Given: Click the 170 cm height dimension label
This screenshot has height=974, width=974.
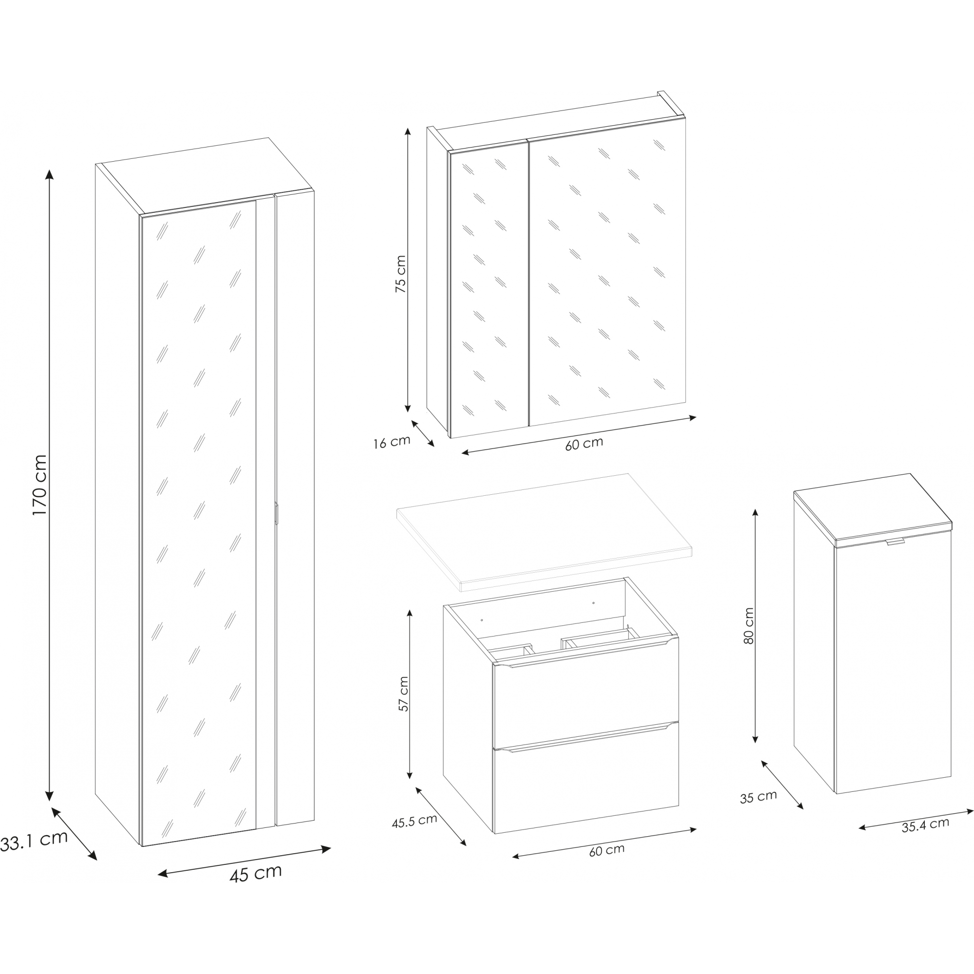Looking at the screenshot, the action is [39, 485].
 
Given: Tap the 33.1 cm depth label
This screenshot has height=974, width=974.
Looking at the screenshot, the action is [34, 841].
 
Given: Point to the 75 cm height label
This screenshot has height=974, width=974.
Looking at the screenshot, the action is [400, 274].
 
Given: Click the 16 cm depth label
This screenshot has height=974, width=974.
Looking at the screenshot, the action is [392, 442].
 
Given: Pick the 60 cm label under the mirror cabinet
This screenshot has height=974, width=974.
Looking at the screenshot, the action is [584, 443].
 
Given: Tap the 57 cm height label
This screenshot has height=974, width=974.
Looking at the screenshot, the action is [403, 693].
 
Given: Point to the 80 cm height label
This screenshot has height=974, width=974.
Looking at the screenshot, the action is [749, 626].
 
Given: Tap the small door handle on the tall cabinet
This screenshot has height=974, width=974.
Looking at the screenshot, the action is [277, 514].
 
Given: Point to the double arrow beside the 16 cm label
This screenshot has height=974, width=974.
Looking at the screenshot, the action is [423, 433].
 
